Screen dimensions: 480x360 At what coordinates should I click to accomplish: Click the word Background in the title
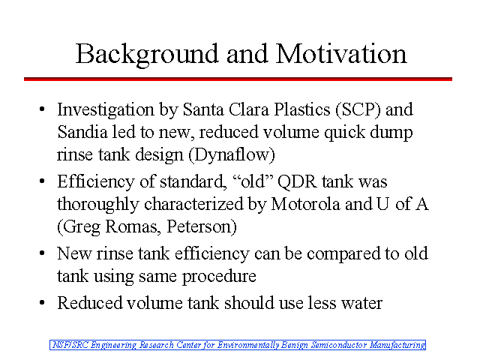147,55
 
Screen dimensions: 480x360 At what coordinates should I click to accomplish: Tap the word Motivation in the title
341,53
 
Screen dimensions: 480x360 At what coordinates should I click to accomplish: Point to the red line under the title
238,79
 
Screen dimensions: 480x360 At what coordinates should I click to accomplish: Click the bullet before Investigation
42,109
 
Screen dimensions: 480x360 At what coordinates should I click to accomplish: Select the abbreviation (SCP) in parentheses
358,109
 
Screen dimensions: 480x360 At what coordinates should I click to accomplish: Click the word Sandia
82,132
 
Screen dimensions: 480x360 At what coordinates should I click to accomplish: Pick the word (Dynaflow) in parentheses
232,154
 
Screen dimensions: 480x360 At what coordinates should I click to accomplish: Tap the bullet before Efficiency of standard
42,181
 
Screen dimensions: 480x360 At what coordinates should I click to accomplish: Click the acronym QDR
297,181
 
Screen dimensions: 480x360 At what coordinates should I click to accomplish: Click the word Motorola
305,204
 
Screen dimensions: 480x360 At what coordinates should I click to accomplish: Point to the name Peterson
202,226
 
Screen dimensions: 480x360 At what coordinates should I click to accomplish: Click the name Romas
133,226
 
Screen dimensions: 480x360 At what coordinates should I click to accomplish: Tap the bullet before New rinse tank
42,253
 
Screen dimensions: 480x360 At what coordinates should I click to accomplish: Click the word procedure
219,277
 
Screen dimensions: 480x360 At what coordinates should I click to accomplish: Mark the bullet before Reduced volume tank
42,303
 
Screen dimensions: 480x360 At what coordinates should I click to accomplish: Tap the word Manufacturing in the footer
397,345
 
